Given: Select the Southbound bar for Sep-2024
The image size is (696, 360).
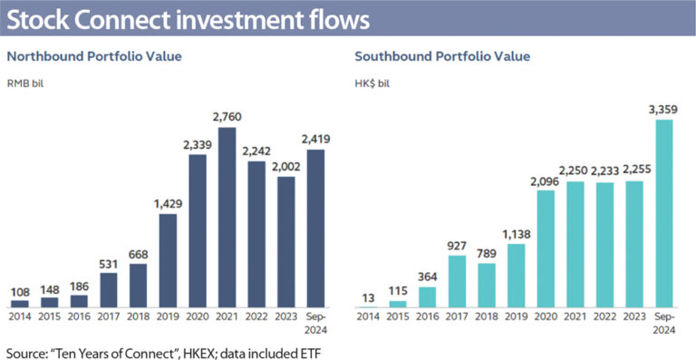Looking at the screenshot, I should (x=665, y=214).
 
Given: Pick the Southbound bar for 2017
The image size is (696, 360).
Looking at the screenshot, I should (x=459, y=282).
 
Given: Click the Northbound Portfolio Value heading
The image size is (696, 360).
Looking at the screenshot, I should (x=94, y=56).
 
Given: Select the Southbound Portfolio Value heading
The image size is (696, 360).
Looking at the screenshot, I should (x=442, y=56).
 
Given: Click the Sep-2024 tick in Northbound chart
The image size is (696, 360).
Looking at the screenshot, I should (x=314, y=323).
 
